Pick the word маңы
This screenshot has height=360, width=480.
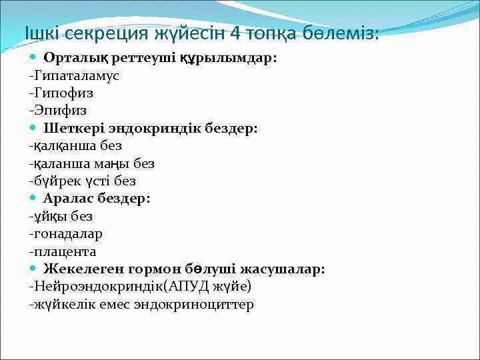tap(119, 163)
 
